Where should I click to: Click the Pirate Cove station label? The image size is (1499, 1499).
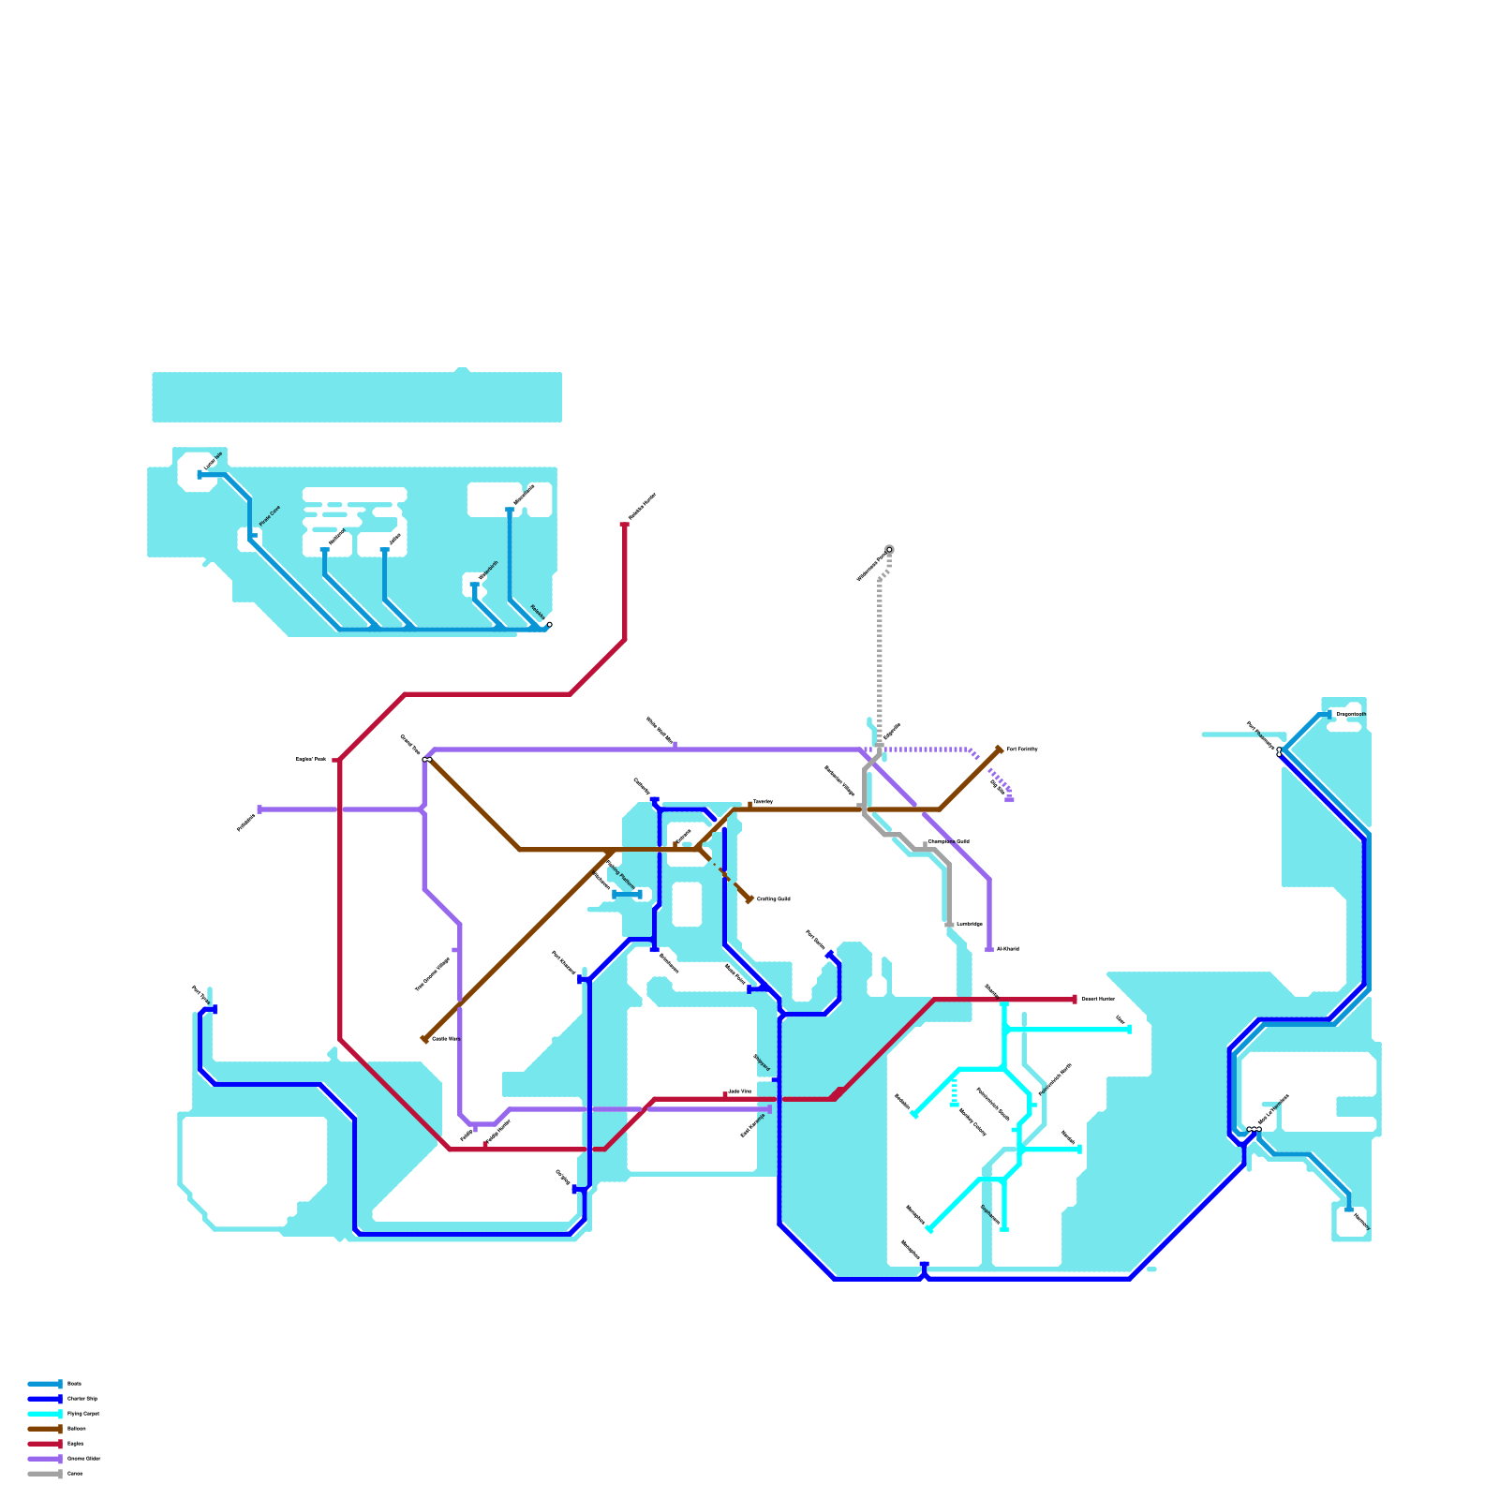(270, 515)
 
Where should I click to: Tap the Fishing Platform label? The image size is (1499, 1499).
(621, 875)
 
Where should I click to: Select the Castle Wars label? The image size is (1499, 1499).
(446, 1039)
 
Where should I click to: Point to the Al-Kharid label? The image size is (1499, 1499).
(1008, 949)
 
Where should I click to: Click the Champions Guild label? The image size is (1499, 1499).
(949, 841)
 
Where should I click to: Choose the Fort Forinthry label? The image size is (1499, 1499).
(1022, 749)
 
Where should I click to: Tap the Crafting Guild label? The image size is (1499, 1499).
(774, 899)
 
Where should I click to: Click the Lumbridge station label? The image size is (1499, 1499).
(970, 925)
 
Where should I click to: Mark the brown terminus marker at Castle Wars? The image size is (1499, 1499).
(424, 1039)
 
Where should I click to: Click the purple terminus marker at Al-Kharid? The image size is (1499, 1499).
(989, 950)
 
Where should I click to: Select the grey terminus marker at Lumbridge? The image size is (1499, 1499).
(949, 925)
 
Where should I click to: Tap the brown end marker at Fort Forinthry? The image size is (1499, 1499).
(1000, 749)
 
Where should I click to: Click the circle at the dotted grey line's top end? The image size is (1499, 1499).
(889, 550)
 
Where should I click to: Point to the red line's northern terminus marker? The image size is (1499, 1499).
(625, 525)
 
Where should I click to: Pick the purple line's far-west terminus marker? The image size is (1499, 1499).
(260, 809)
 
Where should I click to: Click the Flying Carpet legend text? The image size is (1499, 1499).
(83, 1414)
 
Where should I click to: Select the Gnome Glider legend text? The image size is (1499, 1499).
(84, 1459)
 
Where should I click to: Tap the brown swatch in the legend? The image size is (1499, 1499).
(44, 1429)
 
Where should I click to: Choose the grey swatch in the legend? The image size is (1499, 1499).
(44, 1474)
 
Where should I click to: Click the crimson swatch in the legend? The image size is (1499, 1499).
(44, 1444)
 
